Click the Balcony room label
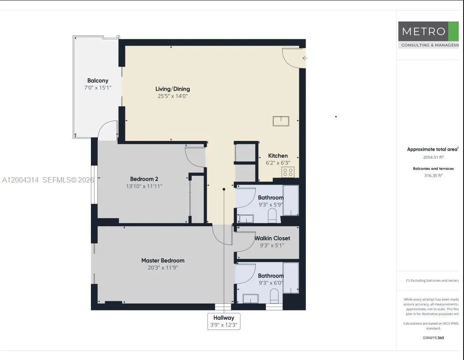click(x=98, y=80)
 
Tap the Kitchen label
click(x=278, y=155)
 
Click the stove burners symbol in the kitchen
click(x=288, y=172)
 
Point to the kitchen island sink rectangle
click(x=281, y=121)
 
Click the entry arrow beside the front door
click(x=305, y=58)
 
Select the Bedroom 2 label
click(x=144, y=179)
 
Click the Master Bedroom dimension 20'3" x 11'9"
click(x=162, y=268)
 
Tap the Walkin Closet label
click(x=272, y=238)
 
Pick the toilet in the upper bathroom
click(x=272, y=216)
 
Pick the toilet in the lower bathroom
click(x=274, y=296)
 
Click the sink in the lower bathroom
click(x=250, y=299)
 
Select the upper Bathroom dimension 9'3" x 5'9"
click(x=271, y=205)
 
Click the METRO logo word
click(x=423, y=32)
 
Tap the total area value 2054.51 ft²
click(x=431, y=157)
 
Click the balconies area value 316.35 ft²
click(x=433, y=175)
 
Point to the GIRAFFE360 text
click(x=433, y=338)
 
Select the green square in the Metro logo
click(x=453, y=31)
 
